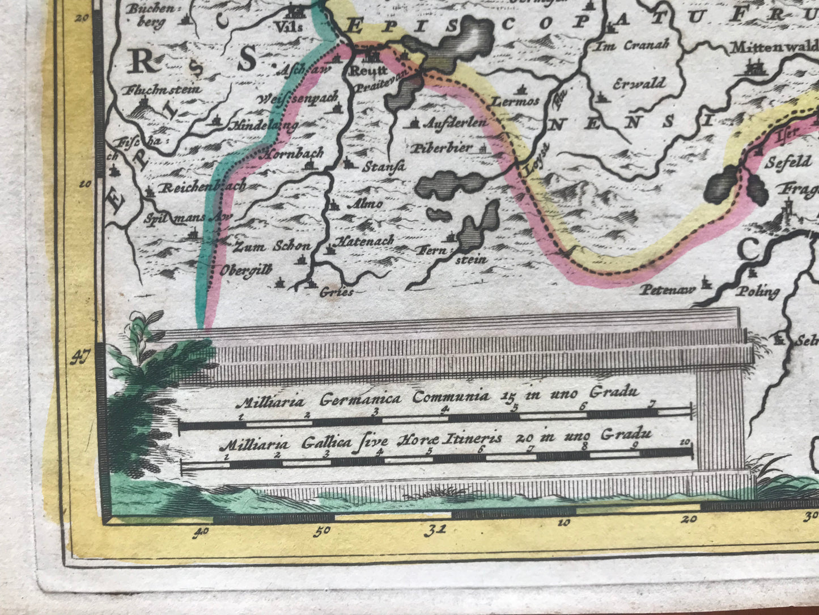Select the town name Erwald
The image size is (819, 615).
pyautogui.click(x=639, y=83)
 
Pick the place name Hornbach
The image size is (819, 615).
pyautogui.click(x=293, y=153)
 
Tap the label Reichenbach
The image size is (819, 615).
pyautogui.click(x=202, y=187)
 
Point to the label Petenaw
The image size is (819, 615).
pyautogui.click(x=668, y=290)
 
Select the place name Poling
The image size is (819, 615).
pyautogui.click(x=757, y=292)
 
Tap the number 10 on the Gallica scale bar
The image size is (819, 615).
pyautogui.click(x=685, y=442)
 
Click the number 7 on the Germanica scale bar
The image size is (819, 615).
pyautogui.click(x=652, y=404)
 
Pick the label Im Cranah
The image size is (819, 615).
pyautogui.click(x=631, y=45)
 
